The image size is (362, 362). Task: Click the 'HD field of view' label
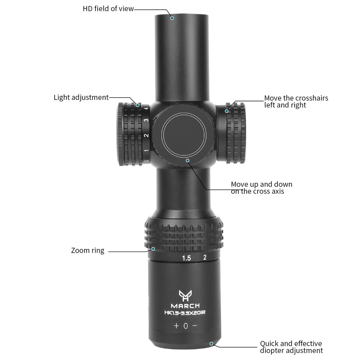(108, 9)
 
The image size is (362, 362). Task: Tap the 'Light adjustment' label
(81, 97)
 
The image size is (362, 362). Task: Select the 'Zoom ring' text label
(87, 250)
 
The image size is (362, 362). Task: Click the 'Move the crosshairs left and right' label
(296, 101)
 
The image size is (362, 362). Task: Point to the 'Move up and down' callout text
(262, 184)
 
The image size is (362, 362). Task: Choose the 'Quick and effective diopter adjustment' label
(291, 347)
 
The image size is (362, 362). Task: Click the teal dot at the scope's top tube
(172, 18)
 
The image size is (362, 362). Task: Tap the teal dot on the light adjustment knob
(138, 105)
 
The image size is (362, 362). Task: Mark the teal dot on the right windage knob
(227, 111)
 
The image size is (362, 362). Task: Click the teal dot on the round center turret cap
(187, 161)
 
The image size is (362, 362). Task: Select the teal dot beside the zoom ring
(153, 248)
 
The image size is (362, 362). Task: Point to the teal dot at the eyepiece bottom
(211, 344)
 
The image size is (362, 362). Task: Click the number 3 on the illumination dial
(146, 120)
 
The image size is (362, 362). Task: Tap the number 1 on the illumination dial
(146, 151)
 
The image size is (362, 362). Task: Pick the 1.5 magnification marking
(186, 258)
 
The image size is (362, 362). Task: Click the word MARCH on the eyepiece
(185, 306)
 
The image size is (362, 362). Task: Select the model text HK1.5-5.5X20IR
(185, 313)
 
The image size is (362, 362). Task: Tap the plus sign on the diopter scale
(176, 326)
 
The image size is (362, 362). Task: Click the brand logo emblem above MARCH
(185, 296)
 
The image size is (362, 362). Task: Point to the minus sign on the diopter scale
(195, 325)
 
